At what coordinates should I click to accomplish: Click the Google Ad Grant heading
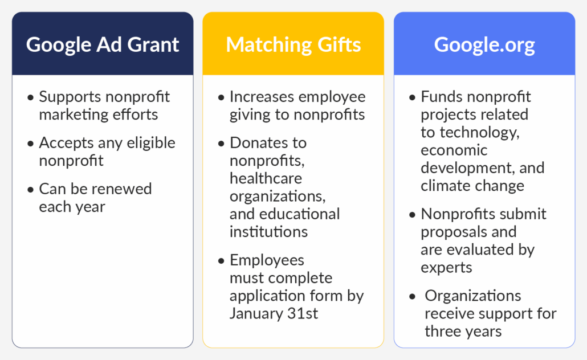click(x=103, y=44)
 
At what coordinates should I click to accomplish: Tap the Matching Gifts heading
click(x=293, y=44)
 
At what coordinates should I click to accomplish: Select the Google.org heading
click(x=484, y=44)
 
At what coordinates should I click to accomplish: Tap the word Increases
click(x=262, y=97)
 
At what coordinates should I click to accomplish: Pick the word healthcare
click(x=266, y=178)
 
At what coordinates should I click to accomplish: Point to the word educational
click(x=299, y=214)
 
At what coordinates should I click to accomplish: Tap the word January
click(x=256, y=313)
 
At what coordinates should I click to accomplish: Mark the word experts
click(x=446, y=267)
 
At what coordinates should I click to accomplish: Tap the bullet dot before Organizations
click(x=413, y=297)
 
